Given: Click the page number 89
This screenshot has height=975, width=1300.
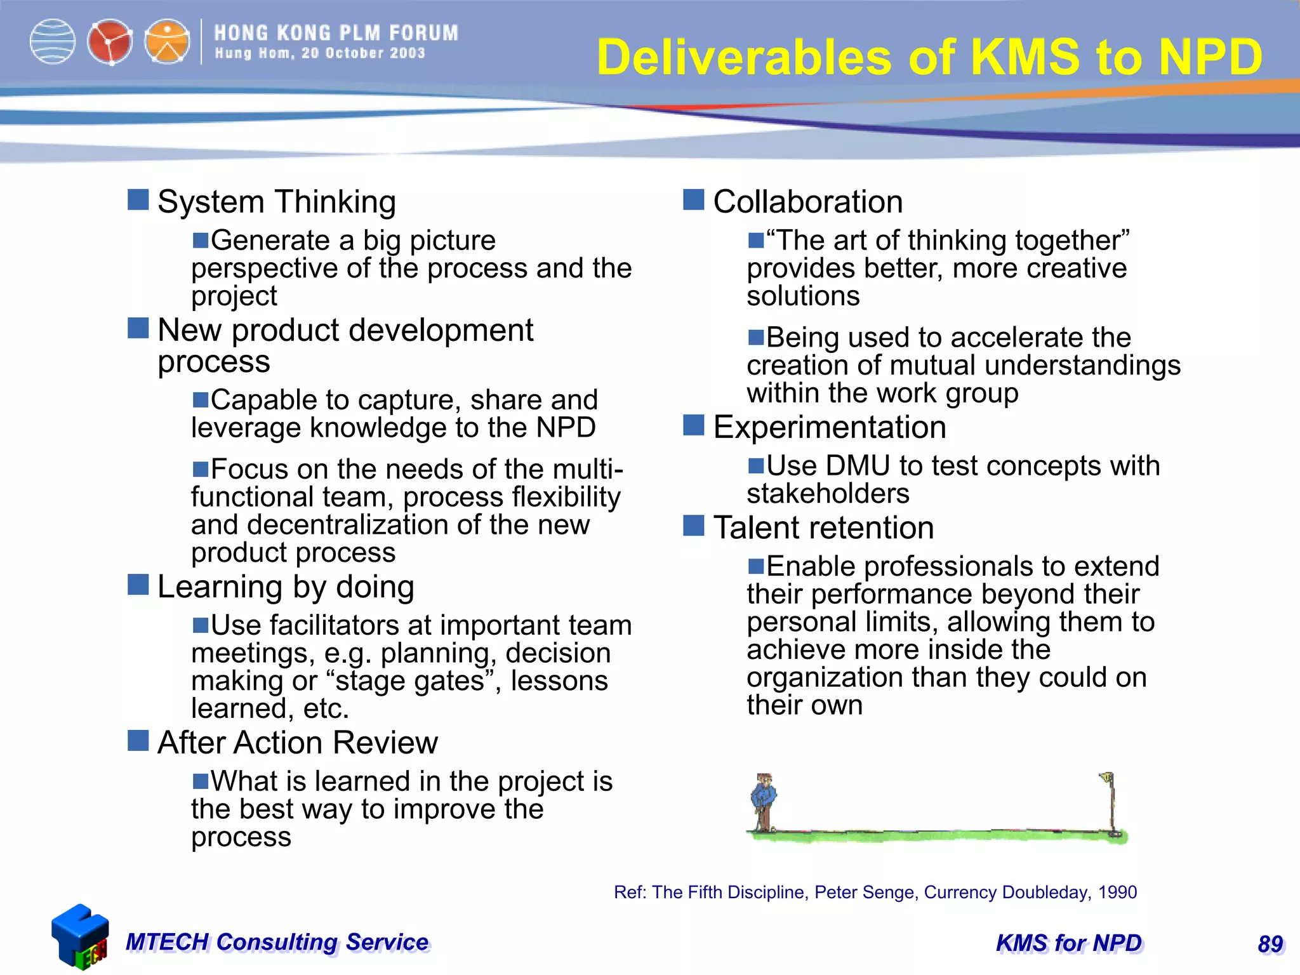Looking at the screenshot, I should pyautogui.click(x=1270, y=944).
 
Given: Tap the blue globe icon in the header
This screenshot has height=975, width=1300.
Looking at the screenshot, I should pyautogui.click(x=53, y=42).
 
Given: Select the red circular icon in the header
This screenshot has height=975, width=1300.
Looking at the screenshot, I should pyautogui.click(x=110, y=43).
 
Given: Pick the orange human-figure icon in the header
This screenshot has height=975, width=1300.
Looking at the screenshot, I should pyautogui.click(x=167, y=43).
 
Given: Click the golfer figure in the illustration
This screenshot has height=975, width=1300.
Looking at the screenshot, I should pyautogui.click(x=764, y=801).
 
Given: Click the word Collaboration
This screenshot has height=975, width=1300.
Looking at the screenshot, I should pyautogui.click(x=807, y=202).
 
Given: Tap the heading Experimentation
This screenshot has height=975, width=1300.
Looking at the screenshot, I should pyautogui.click(x=829, y=427).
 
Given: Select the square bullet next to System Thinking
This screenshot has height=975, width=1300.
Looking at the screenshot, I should pyautogui.click(x=138, y=199).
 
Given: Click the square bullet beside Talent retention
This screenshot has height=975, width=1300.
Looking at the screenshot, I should pyautogui.click(x=693, y=526).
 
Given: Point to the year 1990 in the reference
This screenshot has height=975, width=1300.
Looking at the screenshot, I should pyautogui.click(x=1117, y=892).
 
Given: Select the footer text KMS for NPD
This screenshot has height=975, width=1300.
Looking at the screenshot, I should pyautogui.click(x=1069, y=943).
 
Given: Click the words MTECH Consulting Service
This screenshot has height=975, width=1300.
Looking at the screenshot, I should pyautogui.click(x=277, y=942).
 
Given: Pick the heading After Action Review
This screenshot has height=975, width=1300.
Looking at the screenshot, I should pyautogui.click(x=297, y=743).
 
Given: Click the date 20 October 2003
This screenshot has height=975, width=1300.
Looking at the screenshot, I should pyautogui.click(x=363, y=53).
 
